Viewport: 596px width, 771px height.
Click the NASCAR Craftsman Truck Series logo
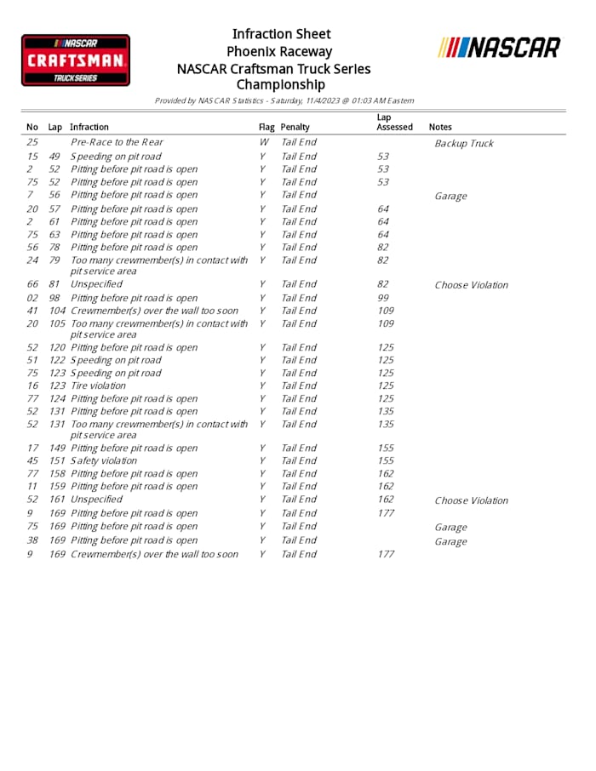76,60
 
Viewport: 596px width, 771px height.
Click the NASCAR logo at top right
500,48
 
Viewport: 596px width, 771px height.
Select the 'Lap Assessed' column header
394,122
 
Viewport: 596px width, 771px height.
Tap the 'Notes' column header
440,127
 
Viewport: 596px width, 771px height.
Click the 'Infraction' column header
89,127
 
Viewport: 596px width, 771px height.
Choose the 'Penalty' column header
295,127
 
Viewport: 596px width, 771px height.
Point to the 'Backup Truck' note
463,143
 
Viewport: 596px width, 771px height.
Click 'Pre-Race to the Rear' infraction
117,142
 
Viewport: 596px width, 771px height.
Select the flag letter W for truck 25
263,142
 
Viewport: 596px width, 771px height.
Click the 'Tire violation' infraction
98,385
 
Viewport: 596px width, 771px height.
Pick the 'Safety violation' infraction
103,460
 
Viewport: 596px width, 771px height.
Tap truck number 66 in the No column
32,283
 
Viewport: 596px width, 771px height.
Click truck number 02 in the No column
32,298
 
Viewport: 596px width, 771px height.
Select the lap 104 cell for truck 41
57,311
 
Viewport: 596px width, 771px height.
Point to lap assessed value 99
383,298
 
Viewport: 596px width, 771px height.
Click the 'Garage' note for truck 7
450,196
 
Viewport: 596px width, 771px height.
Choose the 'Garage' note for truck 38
450,541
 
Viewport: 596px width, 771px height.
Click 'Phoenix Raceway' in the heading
279,51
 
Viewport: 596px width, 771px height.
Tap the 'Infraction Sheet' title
281,34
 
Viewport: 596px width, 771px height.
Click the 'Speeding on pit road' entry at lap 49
116,157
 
